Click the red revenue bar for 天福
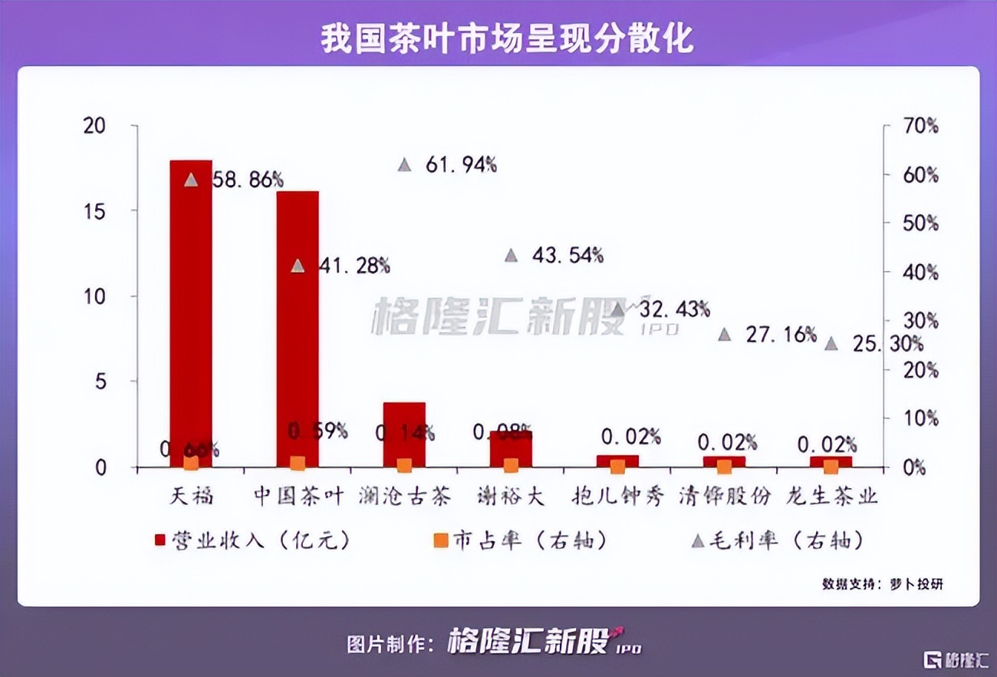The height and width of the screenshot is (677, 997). pyautogui.click(x=190, y=307)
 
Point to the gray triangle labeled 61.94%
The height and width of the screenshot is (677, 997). pyautogui.click(x=405, y=165)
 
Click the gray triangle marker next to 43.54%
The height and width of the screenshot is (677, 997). pyautogui.click(x=512, y=256)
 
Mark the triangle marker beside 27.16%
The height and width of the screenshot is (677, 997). pyautogui.click(x=725, y=335)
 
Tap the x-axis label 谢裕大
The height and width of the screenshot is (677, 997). pyautogui.click(x=511, y=496)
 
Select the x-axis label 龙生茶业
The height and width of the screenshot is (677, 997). pyautogui.click(x=831, y=496)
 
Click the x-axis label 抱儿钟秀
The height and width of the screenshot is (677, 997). pyautogui.click(x=618, y=496)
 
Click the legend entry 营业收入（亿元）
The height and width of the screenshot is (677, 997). pyautogui.click(x=253, y=540)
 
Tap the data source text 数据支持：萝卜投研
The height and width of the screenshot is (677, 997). pyautogui.click(x=883, y=584)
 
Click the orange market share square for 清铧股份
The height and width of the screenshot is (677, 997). pyautogui.click(x=724, y=466)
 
